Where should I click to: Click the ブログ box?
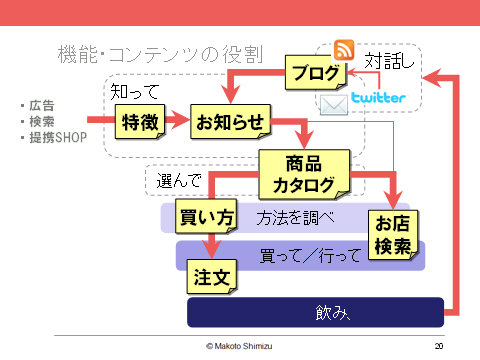(x=316, y=73)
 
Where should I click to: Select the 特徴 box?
(x=139, y=123)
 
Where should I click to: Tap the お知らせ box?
(x=230, y=122)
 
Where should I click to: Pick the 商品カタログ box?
(x=304, y=173)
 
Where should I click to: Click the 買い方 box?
(x=206, y=216)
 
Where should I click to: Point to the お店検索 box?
(x=395, y=234)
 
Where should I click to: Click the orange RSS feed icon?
(x=345, y=50)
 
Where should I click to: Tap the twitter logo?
(x=378, y=98)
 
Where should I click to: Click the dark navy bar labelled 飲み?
(x=315, y=313)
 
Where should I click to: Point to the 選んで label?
(x=180, y=181)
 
